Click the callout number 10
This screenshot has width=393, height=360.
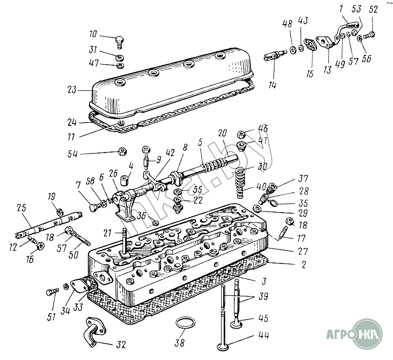[92, 34]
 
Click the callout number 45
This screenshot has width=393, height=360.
[263, 318]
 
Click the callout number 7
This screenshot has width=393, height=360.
[77, 184]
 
